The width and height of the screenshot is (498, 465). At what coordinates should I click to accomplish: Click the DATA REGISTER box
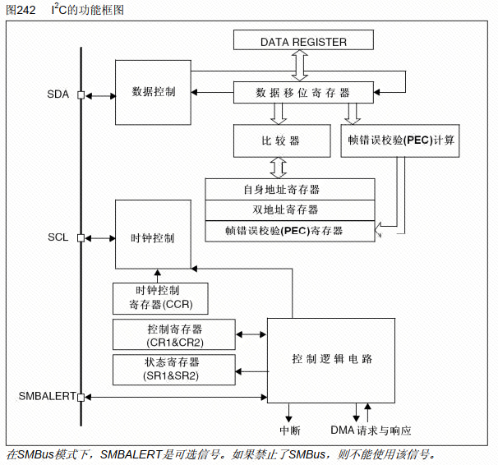(303, 40)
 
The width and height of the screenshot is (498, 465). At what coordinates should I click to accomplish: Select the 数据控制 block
(153, 92)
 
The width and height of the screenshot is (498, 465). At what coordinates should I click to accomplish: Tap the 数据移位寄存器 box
(303, 92)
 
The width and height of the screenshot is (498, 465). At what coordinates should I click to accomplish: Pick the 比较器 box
(282, 140)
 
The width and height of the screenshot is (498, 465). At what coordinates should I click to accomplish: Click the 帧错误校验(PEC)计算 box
(400, 140)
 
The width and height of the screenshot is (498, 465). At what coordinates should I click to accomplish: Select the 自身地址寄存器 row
(290, 189)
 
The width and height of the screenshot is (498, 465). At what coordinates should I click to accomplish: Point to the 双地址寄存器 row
(290, 210)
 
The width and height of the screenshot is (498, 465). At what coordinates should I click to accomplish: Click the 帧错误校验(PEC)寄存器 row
(290, 231)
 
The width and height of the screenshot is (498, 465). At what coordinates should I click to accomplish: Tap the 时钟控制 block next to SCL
(153, 234)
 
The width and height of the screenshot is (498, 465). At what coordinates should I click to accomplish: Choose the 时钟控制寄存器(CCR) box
(160, 299)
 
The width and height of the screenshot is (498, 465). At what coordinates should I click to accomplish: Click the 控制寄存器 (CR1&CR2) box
(174, 334)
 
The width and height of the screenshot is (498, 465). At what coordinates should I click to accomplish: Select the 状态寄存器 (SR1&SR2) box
(174, 370)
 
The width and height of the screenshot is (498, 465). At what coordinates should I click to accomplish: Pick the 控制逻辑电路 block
(331, 361)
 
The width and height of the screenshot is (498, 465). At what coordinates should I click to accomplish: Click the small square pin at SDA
(81, 95)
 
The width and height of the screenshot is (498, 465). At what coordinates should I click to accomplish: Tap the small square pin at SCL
(81, 238)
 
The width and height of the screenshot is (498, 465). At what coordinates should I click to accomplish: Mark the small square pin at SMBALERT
(81, 397)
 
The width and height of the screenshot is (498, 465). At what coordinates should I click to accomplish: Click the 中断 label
(289, 430)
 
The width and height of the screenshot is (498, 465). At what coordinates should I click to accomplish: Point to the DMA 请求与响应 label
(371, 430)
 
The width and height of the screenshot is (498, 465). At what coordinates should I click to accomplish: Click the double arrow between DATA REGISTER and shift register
(300, 66)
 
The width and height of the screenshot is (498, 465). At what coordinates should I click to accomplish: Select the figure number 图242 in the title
(21, 10)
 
